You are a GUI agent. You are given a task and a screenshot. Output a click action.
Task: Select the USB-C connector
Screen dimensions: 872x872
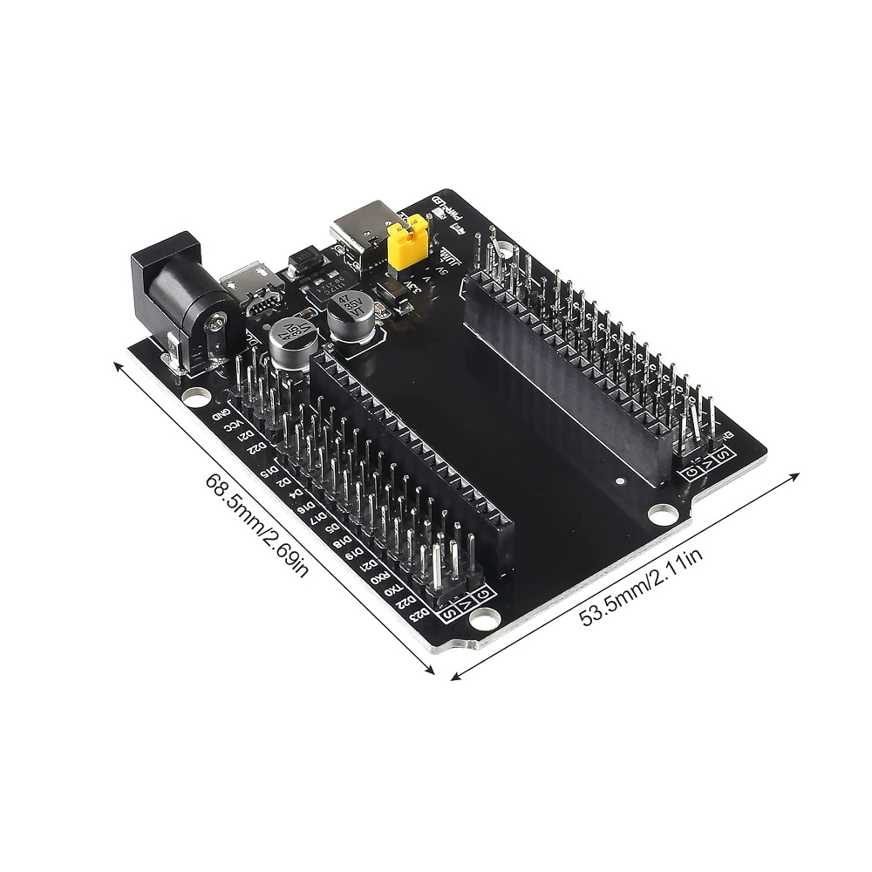359,229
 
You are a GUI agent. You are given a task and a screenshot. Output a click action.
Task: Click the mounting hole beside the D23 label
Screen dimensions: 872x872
480,620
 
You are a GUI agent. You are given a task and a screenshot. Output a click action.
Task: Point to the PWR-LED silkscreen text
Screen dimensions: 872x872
447,210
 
